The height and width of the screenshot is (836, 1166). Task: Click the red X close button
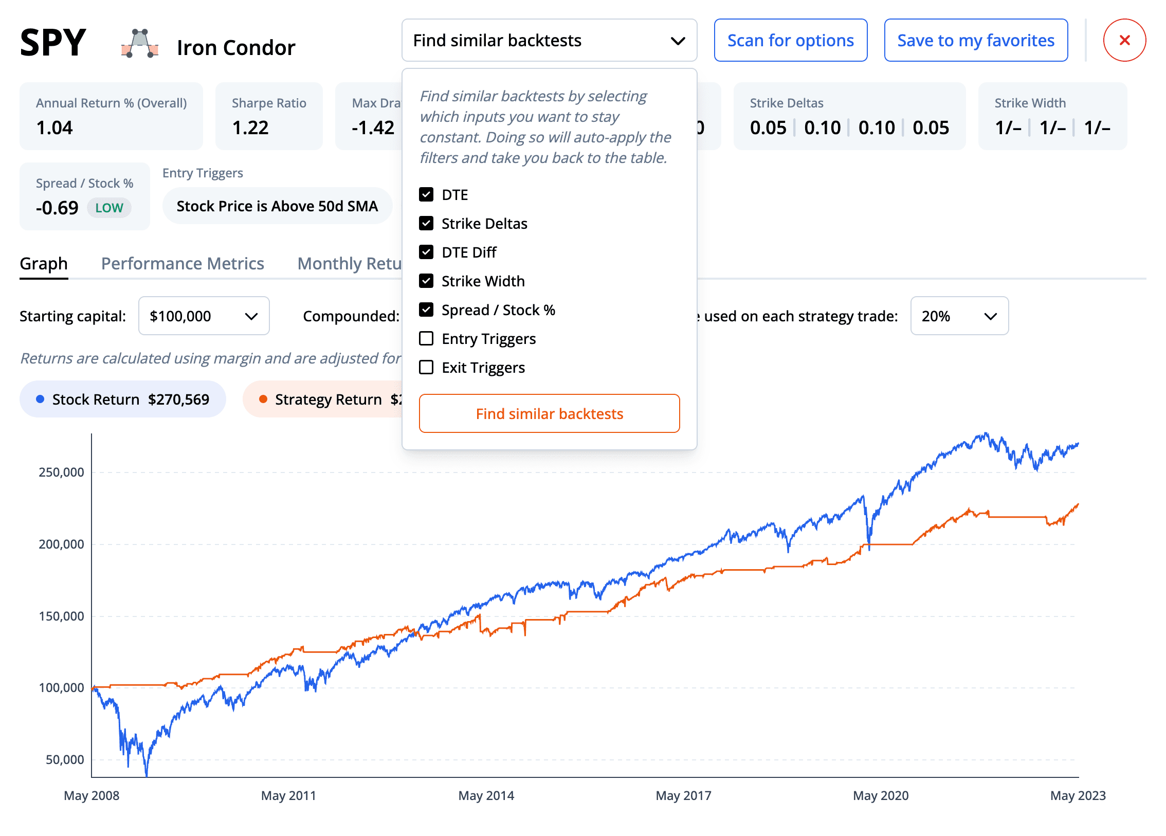point(1124,40)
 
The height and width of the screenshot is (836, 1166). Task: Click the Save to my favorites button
point(975,40)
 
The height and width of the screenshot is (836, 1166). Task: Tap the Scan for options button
point(790,40)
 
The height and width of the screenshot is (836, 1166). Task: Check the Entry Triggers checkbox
point(426,339)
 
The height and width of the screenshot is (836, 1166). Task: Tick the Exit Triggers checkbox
point(426,368)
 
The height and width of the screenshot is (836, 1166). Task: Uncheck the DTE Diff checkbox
point(426,252)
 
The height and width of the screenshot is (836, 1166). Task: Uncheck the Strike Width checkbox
point(426,281)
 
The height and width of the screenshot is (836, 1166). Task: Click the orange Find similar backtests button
point(549,414)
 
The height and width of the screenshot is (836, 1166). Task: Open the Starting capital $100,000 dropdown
point(204,316)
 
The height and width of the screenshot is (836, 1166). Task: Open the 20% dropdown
point(959,316)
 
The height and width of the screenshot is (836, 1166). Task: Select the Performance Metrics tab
point(183,264)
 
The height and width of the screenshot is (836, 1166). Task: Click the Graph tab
point(44,264)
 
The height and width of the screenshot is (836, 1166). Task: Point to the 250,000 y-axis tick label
point(61,472)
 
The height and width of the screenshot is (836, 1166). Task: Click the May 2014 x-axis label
point(486,795)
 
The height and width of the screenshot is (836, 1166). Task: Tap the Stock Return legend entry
point(123,399)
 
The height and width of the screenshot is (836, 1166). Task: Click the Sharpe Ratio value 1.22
point(250,128)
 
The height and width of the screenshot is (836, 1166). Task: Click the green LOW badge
point(109,208)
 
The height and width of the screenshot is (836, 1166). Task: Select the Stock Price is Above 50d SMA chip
point(277,206)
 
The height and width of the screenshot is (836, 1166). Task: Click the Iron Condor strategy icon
point(140,44)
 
